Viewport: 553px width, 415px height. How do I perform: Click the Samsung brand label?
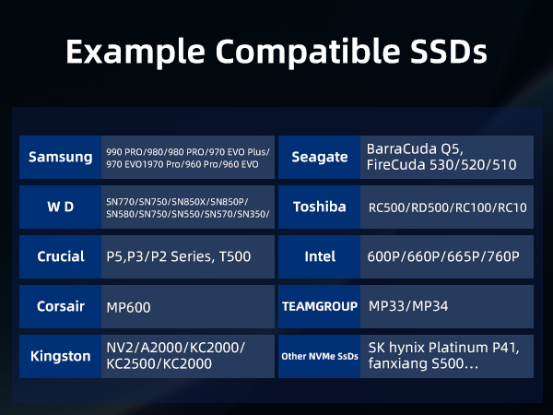[61, 157]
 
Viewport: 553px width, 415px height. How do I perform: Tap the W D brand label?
[61, 207]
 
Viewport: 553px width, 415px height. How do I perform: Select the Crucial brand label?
[61, 256]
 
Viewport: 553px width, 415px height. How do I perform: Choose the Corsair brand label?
[61, 307]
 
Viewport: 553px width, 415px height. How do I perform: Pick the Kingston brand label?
[61, 356]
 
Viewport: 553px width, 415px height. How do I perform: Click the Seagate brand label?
[319, 157]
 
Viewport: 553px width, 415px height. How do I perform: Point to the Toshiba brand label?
[319, 207]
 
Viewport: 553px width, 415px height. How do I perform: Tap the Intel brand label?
[319, 256]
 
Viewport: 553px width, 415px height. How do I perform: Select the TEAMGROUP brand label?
[319, 307]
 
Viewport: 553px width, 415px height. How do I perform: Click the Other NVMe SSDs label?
[319, 356]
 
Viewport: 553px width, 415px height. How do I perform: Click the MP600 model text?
[129, 307]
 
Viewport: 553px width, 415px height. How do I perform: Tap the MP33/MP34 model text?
[408, 306]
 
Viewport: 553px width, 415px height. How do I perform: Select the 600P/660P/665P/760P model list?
[443, 256]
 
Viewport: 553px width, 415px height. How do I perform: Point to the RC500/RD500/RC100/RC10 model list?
[446, 207]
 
